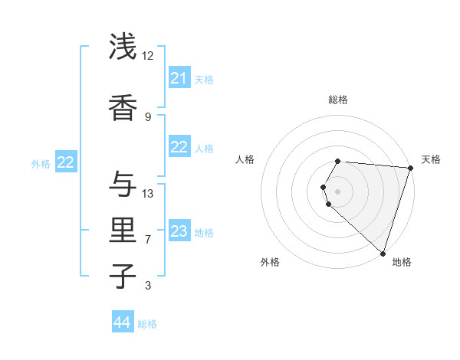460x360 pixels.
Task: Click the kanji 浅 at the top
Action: tap(123, 47)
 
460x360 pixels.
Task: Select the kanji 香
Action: tap(123, 106)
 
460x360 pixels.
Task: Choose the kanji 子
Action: tap(123, 276)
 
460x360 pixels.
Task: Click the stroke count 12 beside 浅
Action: tap(147, 56)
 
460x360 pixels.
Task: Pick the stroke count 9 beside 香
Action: tap(147, 116)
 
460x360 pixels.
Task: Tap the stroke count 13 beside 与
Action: tap(148, 193)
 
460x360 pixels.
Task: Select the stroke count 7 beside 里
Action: tap(148, 240)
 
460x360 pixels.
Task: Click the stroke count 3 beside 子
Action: tap(148, 286)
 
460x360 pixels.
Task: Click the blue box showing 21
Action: tap(179, 78)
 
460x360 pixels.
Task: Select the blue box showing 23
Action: tap(179, 231)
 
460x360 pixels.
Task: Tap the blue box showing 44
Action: tap(123, 322)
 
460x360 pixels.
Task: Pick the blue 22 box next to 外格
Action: tap(66, 162)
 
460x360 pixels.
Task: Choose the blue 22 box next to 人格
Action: tap(179, 147)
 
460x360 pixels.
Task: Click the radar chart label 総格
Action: tap(338, 100)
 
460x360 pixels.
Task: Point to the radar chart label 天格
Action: tap(431, 159)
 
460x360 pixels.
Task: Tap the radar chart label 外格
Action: tap(270, 262)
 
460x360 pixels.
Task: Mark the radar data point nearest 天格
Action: tap(410, 168)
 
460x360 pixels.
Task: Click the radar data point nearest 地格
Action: tap(383, 254)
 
